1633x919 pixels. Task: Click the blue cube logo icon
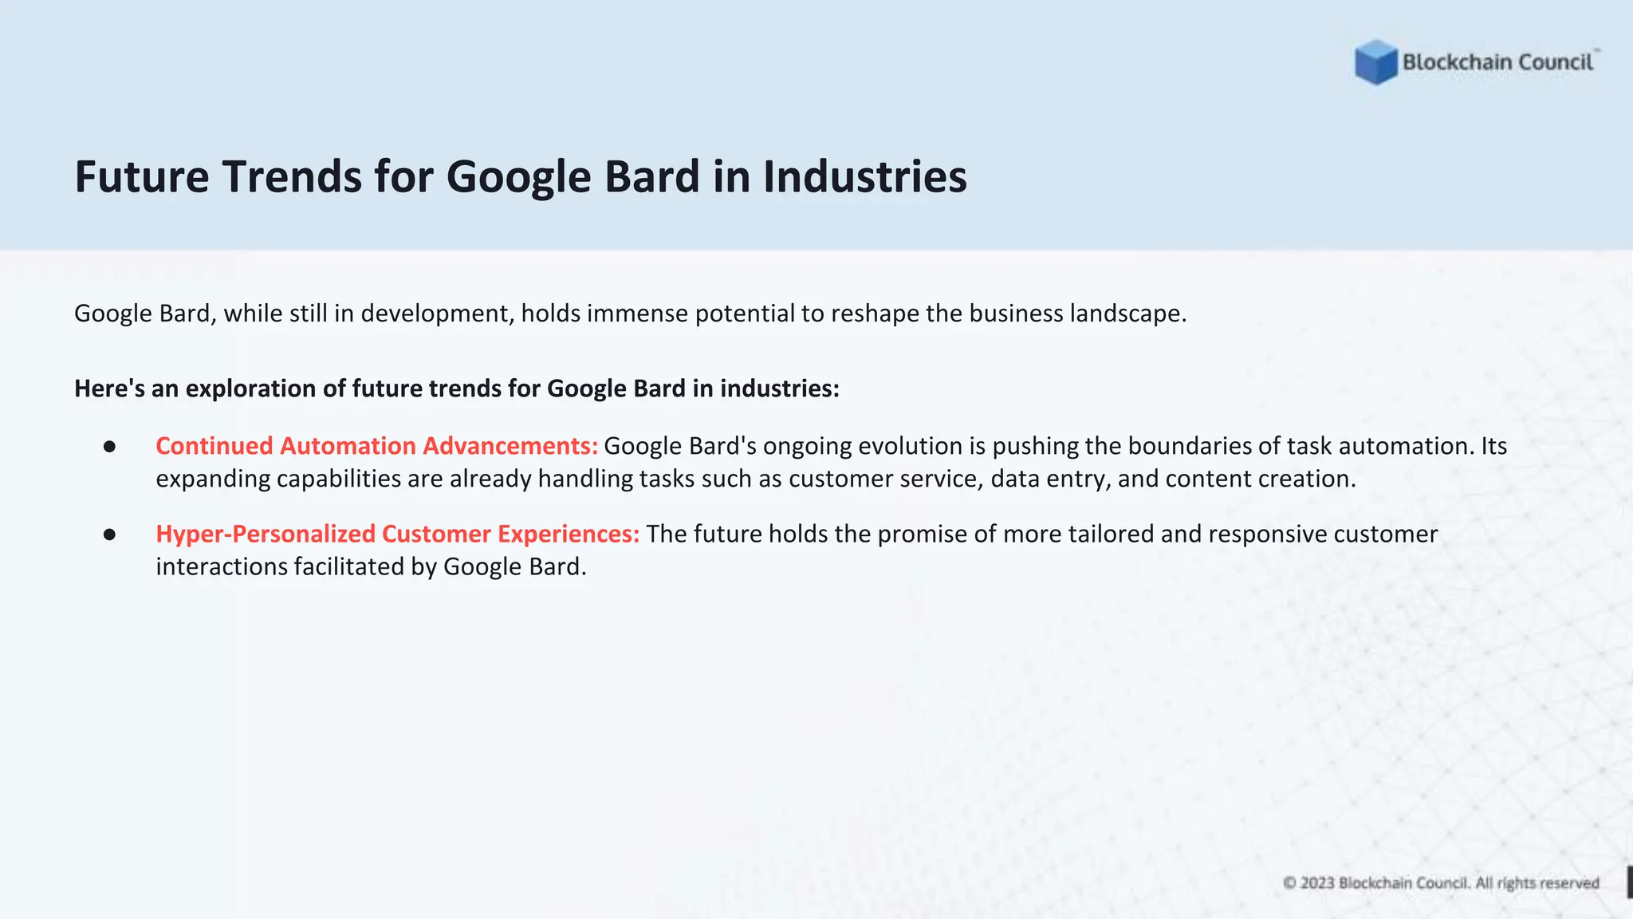(1375, 62)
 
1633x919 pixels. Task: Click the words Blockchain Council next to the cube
(1497, 62)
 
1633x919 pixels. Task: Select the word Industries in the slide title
(864, 176)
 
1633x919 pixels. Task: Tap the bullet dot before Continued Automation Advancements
(110, 447)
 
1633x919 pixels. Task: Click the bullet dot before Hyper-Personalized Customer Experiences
(110, 534)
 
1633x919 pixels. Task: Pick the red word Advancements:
(510, 446)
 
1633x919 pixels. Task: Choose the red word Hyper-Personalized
(266, 534)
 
